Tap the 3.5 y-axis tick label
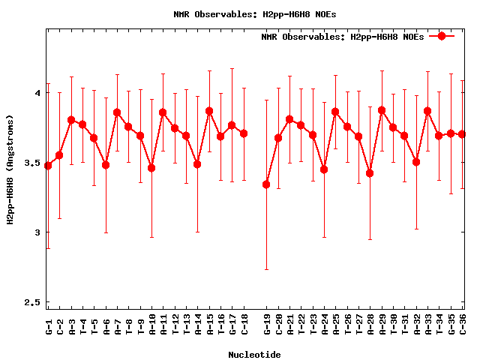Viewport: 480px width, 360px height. pos(31,163)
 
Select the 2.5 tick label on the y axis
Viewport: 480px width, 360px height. pos(31,302)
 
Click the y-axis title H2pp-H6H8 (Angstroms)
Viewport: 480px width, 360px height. pos(10,169)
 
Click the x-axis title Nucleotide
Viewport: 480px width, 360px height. pos(255,355)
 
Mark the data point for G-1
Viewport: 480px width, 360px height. pos(48,165)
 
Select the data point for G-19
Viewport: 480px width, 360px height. pos(266,184)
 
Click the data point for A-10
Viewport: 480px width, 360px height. pos(151,168)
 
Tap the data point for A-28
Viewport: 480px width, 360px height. pos(370,173)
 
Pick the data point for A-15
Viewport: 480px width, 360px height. pos(209,111)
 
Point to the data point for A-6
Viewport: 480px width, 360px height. pos(106,165)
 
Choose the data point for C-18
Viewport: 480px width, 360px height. pos(244,133)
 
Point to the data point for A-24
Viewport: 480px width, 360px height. pos(324,169)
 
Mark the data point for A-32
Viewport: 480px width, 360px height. pos(416,162)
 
